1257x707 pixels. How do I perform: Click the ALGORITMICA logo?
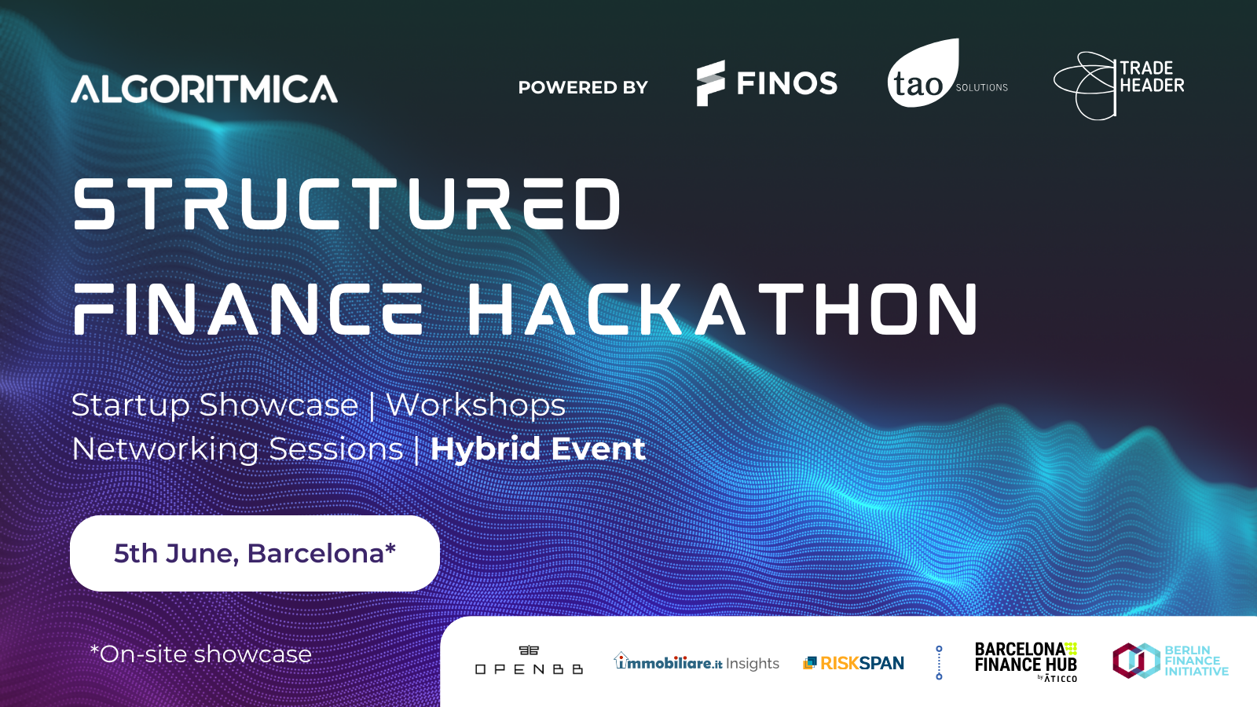point(204,89)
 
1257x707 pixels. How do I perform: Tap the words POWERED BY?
point(583,87)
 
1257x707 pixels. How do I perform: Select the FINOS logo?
point(767,83)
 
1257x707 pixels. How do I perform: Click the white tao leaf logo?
point(923,73)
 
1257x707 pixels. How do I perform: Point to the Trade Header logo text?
point(1152,77)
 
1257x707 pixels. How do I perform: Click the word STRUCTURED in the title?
point(346,204)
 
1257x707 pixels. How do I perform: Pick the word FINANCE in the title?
point(248,310)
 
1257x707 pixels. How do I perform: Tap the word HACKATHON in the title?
point(724,310)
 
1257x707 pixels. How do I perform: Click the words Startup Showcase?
point(214,405)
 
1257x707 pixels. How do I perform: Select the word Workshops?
point(476,405)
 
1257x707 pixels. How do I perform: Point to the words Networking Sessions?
point(237,449)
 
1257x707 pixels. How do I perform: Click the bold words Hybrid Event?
point(537,449)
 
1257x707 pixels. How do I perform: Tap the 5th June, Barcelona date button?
point(255,553)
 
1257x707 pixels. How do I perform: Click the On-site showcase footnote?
point(200,654)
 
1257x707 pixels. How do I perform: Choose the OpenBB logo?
point(529,660)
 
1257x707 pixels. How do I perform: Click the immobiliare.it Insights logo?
point(696,661)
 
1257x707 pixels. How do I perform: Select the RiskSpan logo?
point(853,663)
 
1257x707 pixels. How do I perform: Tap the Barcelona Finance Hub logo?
point(1026,661)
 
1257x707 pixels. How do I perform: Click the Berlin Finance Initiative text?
point(1197,661)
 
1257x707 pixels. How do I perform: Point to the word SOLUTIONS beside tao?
point(982,87)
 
